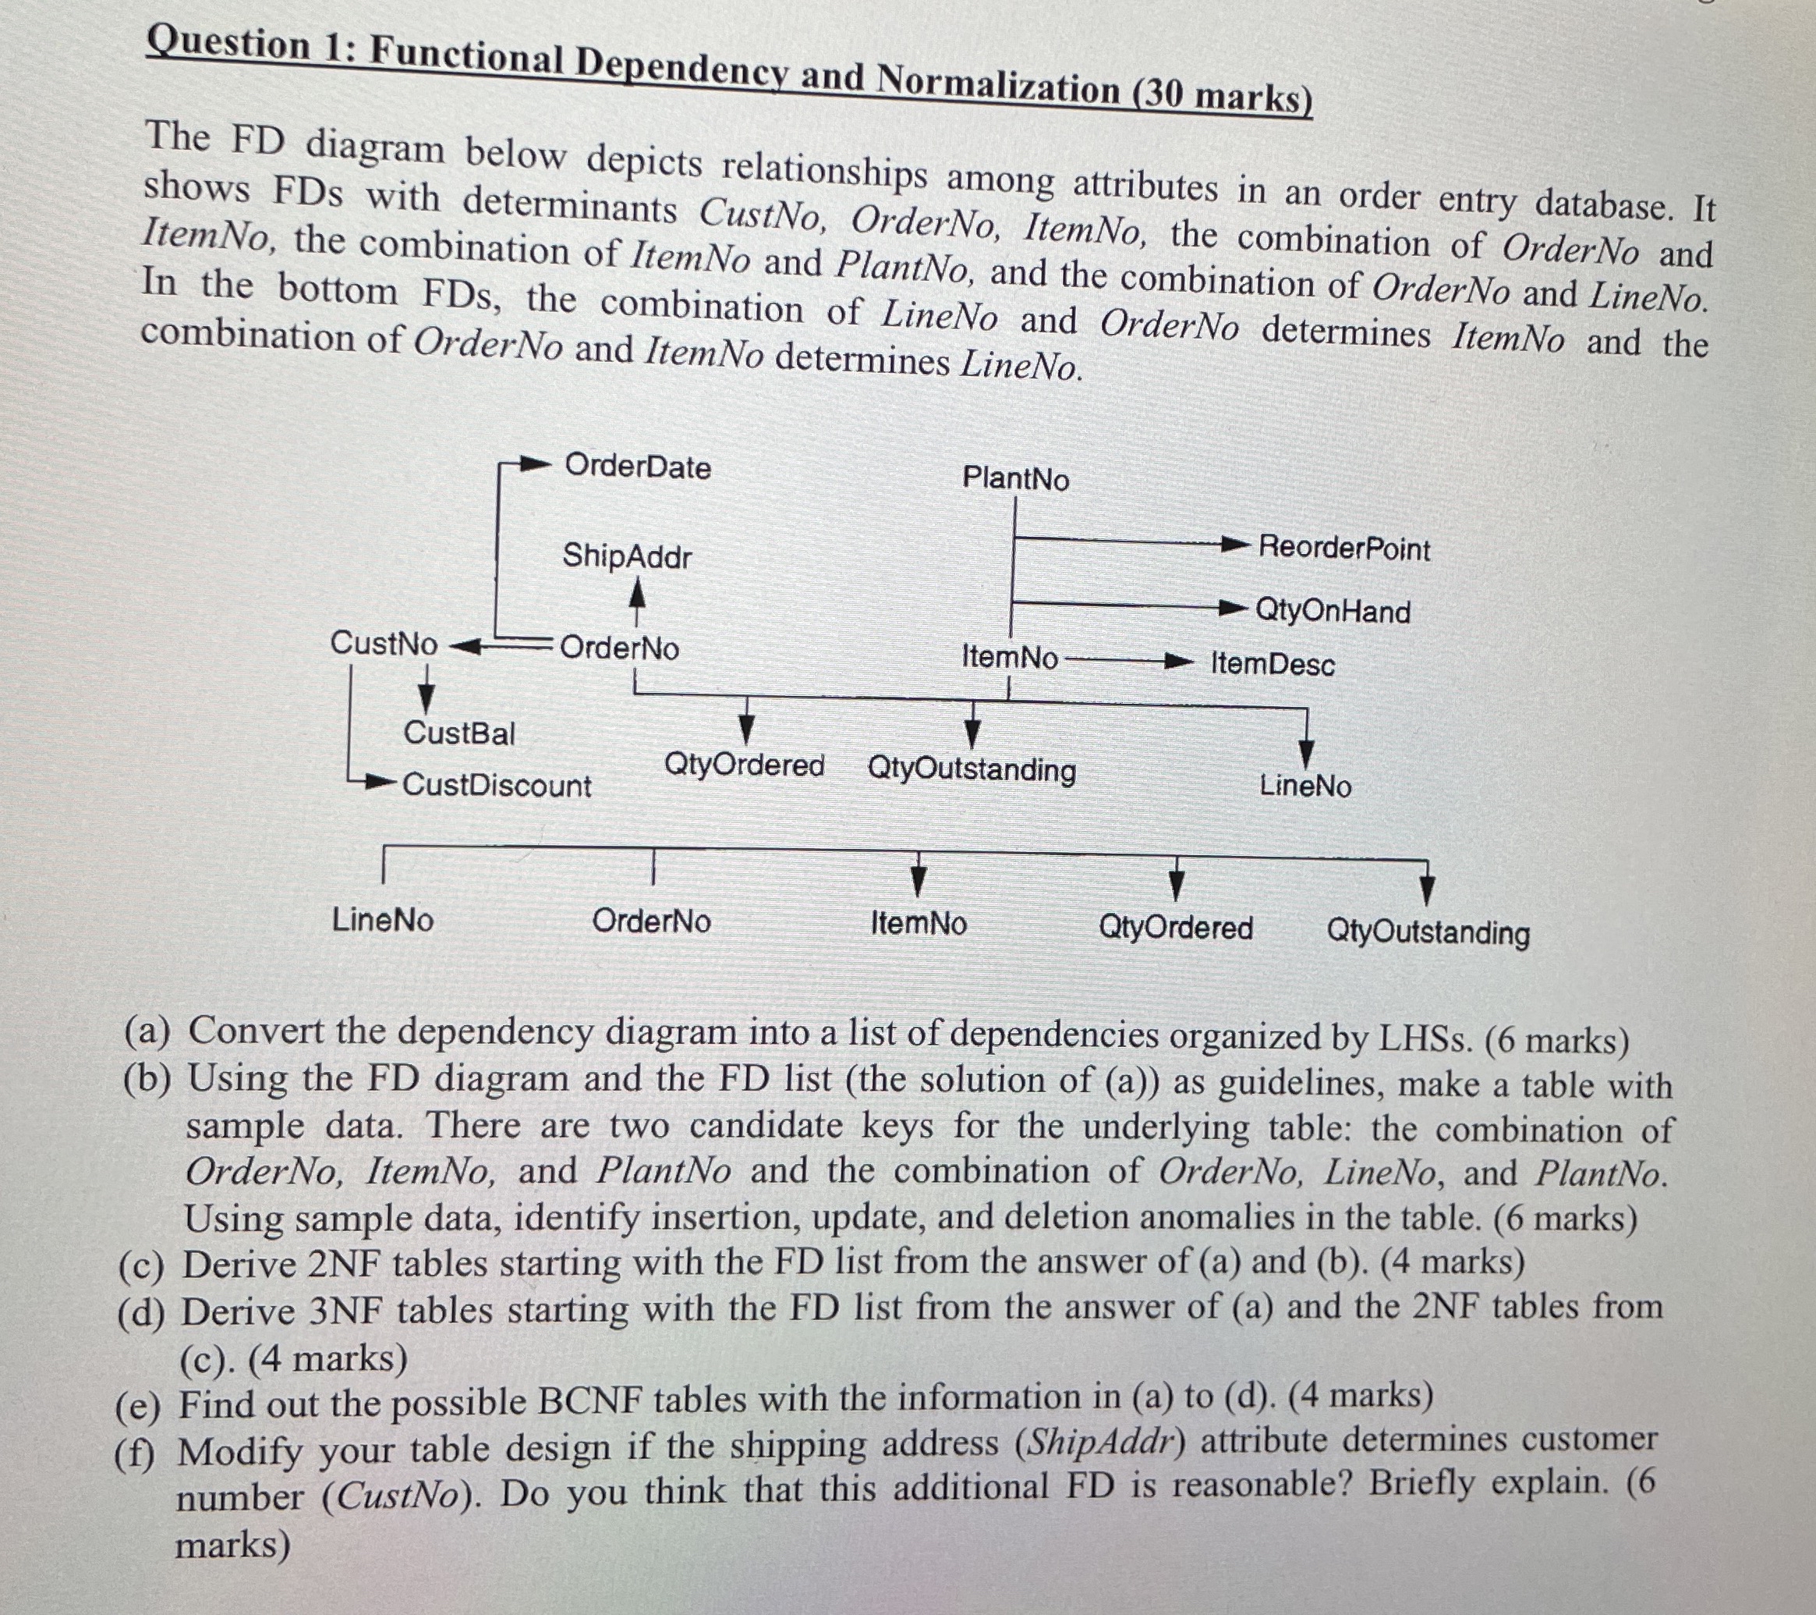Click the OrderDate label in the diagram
tap(638, 467)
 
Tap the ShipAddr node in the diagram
tap(626, 556)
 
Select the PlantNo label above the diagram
tap(1015, 479)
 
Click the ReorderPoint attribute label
tap(1344, 548)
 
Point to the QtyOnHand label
tap(1333, 612)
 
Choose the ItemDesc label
tap(1273, 664)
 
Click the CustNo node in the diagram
tap(384, 643)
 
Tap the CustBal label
tap(458, 733)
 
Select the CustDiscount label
tap(497, 786)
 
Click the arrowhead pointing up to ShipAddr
tap(637, 592)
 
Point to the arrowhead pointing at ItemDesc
tap(1178, 662)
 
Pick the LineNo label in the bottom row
tap(383, 919)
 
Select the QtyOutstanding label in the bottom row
tap(1428, 932)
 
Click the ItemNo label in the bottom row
tap(919, 924)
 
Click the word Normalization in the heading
tap(999, 87)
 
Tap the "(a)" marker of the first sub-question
tap(148, 1031)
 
